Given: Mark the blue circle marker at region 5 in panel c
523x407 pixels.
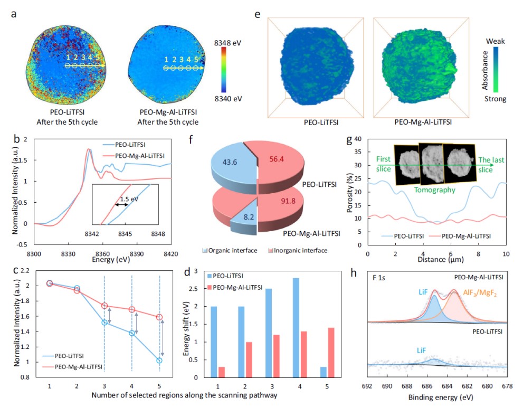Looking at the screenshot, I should click(159, 361).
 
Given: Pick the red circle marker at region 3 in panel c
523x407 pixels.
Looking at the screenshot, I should click(104, 306).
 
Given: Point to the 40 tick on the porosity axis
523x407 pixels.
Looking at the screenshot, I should click(358, 139).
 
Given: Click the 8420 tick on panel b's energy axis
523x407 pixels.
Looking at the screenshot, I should click(170, 254).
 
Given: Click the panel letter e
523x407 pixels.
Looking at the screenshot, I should click(258, 15).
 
